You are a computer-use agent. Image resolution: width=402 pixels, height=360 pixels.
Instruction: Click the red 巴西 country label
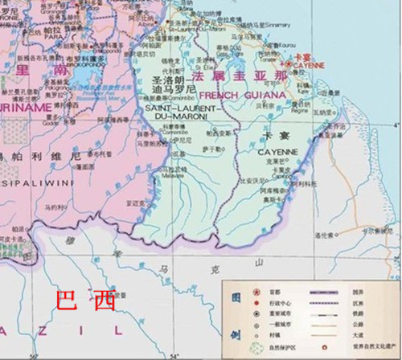(x=84, y=301)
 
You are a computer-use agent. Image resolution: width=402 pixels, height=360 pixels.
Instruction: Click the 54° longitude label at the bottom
(x=174, y=354)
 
